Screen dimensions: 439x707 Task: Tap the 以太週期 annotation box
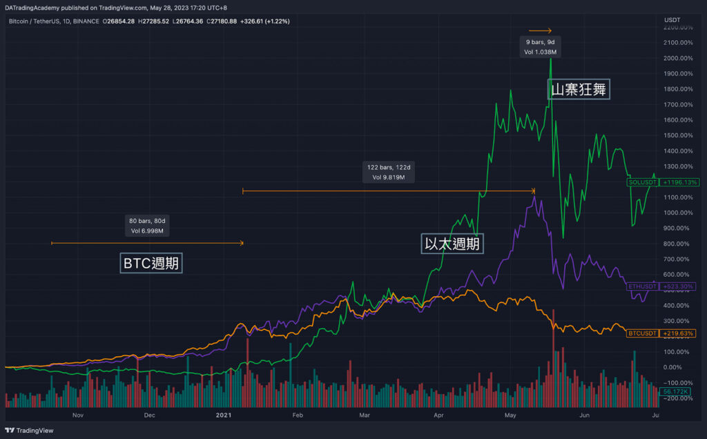pyautogui.click(x=452, y=244)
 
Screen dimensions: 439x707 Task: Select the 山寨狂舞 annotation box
pyautogui.click(x=579, y=89)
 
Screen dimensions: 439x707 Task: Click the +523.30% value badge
pyautogui.click(x=678, y=286)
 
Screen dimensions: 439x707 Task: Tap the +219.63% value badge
pyautogui.click(x=678, y=333)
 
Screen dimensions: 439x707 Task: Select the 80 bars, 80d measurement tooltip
pyautogui.click(x=148, y=225)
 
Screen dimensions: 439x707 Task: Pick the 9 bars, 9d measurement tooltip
pyautogui.click(x=540, y=47)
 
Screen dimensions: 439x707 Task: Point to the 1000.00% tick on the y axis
pyautogui.click(x=678, y=213)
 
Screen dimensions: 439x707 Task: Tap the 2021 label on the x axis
pyautogui.click(x=224, y=415)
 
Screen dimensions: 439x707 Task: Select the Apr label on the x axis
pyautogui.click(x=438, y=415)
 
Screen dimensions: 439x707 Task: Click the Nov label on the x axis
pyautogui.click(x=77, y=415)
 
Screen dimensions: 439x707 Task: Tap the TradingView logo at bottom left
pyautogui.click(x=32, y=429)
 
